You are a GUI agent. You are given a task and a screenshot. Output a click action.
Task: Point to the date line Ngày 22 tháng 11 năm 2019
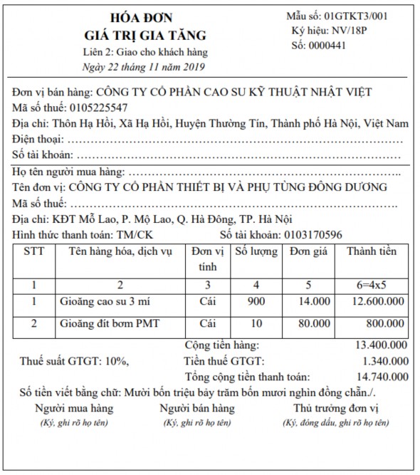tap(143, 67)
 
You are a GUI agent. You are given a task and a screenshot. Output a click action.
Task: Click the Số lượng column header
tap(255, 251)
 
